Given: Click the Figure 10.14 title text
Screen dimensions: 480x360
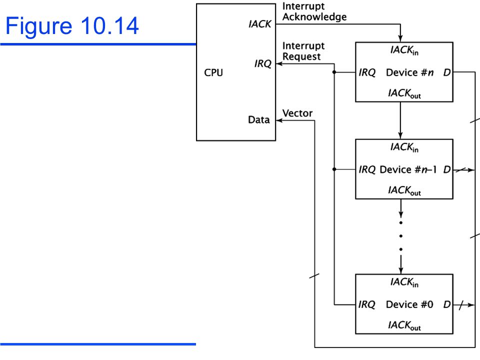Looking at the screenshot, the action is tap(72, 26).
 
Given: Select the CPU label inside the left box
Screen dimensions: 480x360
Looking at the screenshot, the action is tap(213, 72).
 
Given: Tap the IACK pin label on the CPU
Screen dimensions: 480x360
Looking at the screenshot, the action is tap(259, 24).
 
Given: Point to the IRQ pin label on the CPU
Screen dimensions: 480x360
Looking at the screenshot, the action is tap(262, 63).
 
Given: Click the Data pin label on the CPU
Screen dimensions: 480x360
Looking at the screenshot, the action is tap(258, 119).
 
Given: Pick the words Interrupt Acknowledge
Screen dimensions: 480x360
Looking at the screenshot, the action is tap(314, 11).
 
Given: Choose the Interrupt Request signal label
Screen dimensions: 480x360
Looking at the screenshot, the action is tap(303, 51).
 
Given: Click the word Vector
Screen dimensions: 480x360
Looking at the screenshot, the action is tap(297, 113).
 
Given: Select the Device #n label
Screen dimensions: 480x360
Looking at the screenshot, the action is tap(409, 72).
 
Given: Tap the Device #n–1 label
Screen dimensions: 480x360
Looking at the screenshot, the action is tap(408, 169).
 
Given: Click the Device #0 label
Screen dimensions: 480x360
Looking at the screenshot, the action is tap(409, 304).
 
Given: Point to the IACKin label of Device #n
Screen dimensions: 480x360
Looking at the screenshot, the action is tap(404, 50).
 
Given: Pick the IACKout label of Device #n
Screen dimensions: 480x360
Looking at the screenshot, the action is tap(404, 93).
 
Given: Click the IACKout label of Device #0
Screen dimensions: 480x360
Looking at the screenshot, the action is tap(404, 325).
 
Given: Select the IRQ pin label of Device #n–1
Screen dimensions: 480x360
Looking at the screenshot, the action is tap(367, 169).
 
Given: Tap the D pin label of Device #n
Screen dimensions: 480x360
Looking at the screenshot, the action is tap(447, 72).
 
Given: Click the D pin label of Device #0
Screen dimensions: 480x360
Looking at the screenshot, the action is tap(447, 304).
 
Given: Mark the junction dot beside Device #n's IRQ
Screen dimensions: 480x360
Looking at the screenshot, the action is tap(334, 72).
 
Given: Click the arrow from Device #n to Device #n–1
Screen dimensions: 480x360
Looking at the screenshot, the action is tap(400, 120).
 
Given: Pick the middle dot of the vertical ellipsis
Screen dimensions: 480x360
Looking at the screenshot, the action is tap(400, 236).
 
